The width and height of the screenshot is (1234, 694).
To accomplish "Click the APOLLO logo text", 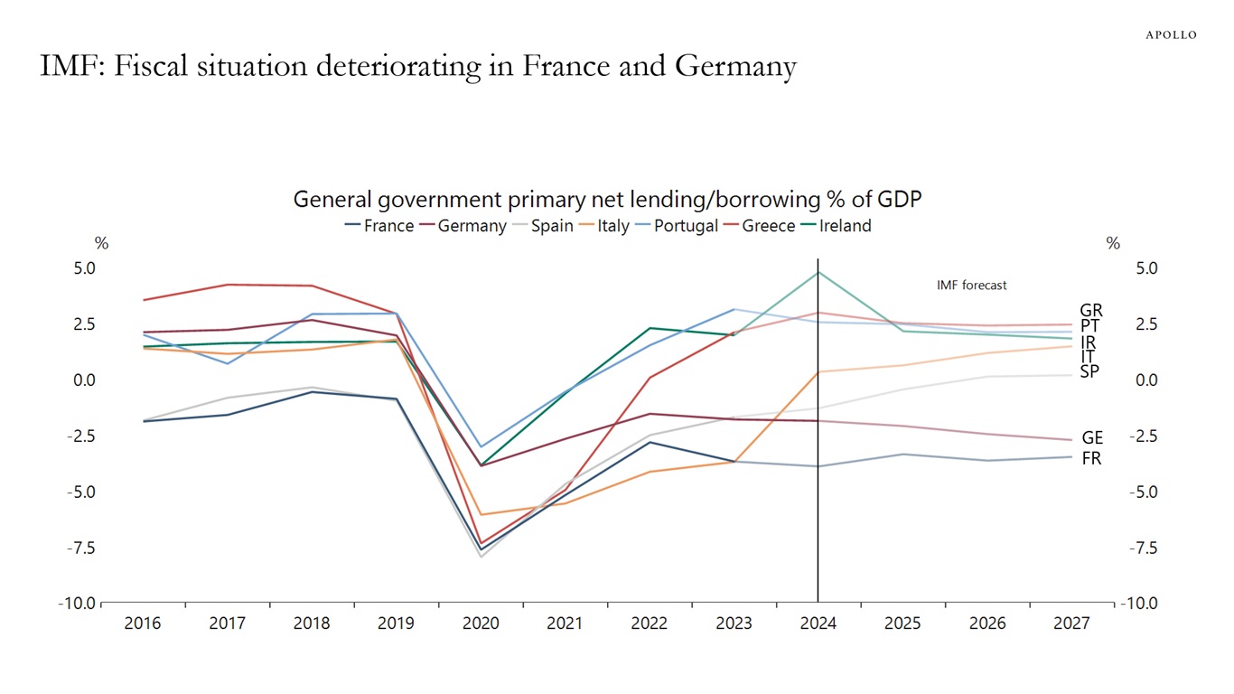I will [1171, 35].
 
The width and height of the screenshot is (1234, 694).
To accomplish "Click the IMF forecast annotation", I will [971, 285].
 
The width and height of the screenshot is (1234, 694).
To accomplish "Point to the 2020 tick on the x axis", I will [481, 624].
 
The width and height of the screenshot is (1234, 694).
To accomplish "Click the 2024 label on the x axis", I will [818, 624].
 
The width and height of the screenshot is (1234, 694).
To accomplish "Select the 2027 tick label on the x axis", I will [1071, 624].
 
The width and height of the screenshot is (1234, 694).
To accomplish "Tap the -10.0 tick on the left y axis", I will [76, 604].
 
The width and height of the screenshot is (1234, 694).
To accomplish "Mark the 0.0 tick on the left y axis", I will [84, 380].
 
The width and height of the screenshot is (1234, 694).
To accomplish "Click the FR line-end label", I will [1091, 458].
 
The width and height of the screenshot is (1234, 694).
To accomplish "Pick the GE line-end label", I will [1092, 439].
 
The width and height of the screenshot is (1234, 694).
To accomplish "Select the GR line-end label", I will [1091, 311].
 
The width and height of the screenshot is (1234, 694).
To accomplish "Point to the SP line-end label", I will [1089, 370].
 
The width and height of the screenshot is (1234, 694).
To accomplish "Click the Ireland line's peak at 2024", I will [818, 272].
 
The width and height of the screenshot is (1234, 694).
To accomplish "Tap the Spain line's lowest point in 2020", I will [481, 557].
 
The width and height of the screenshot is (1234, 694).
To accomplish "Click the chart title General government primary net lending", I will [607, 199].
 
